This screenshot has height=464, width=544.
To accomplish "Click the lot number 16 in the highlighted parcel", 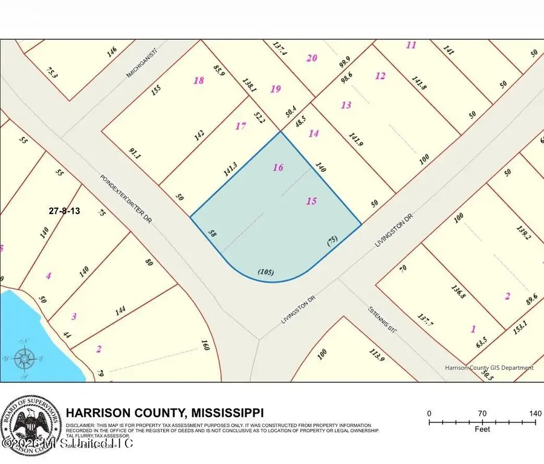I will point(278,168).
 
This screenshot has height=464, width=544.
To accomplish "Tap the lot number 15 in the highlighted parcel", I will point(311,201).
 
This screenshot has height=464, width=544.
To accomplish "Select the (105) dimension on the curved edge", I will point(266,272).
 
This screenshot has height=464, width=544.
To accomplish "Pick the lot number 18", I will point(198,80).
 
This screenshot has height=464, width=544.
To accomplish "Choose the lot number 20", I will point(311,58).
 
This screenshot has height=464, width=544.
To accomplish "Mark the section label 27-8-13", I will point(64,211).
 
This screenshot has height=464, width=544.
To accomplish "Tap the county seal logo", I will point(30,425).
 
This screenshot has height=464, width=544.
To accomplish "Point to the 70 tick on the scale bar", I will point(482,413).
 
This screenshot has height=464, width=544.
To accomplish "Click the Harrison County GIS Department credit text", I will point(489,367).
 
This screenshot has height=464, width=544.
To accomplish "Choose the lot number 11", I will point(412,45).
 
